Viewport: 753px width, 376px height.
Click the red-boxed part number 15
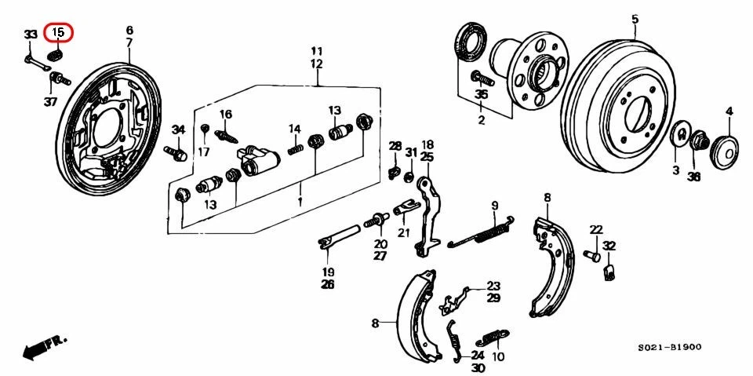point(57,33)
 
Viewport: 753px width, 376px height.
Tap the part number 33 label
point(31,35)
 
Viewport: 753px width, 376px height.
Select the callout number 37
point(50,101)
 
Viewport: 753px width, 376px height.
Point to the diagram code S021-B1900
point(669,347)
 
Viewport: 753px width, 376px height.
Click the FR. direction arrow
point(44,346)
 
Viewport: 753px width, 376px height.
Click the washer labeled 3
point(679,136)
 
